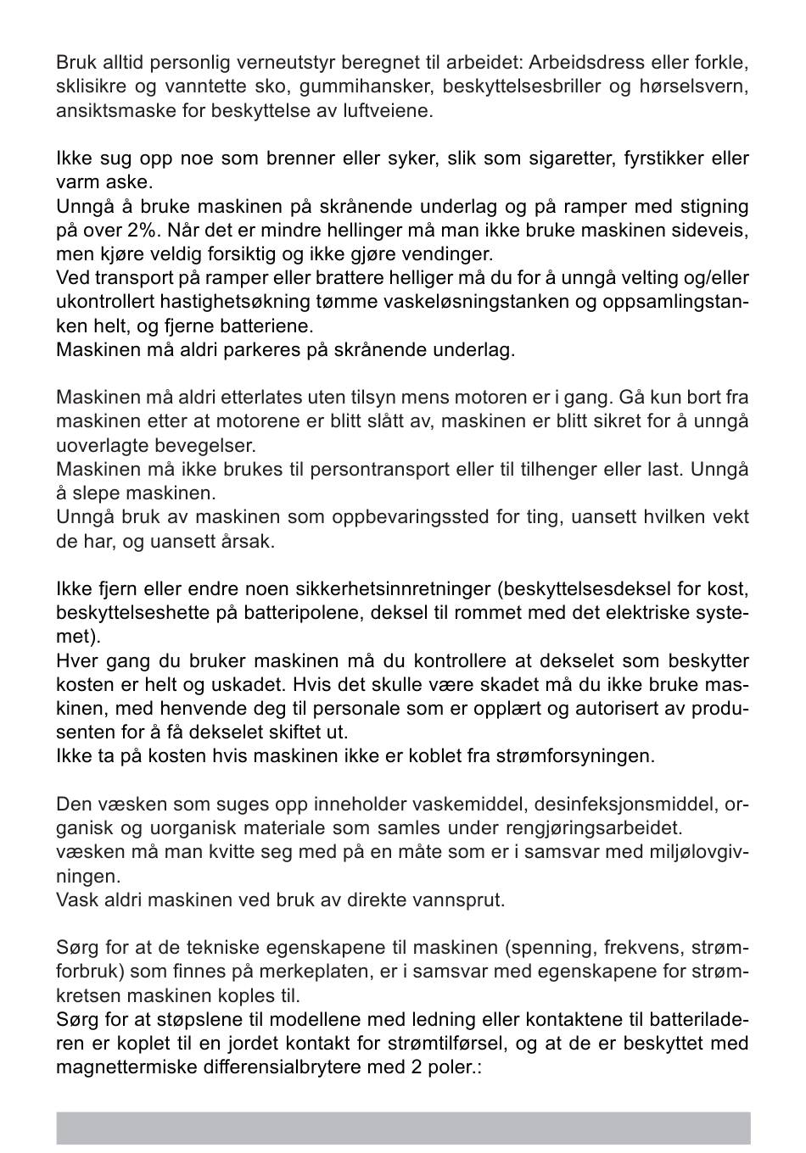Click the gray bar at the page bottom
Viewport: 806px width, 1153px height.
[x=403, y=1128]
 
